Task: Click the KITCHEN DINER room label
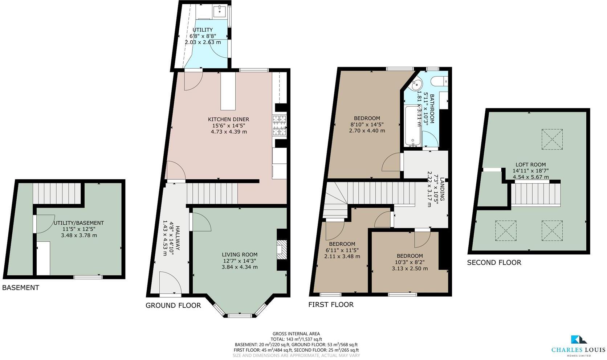click(x=228, y=119)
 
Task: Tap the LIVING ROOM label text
click(x=240, y=255)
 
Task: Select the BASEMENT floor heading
click(x=20, y=288)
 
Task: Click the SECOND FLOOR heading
click(x=494, y=262)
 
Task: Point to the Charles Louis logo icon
click(x=579, y=340)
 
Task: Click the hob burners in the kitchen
click(x=280, y=125)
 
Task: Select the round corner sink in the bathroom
click(x=417, y=85)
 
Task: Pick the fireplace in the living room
click(x=282, y=250)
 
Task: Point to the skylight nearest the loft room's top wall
click(x=552, y=139)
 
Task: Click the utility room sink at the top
click(x=220, y=11)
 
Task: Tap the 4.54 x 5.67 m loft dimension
click(x=530, y=177)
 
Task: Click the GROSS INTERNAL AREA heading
click(x=296, y=334)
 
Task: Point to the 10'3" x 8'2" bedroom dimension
click(x=410, y=262)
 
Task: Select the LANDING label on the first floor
click(x=442, y=189)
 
